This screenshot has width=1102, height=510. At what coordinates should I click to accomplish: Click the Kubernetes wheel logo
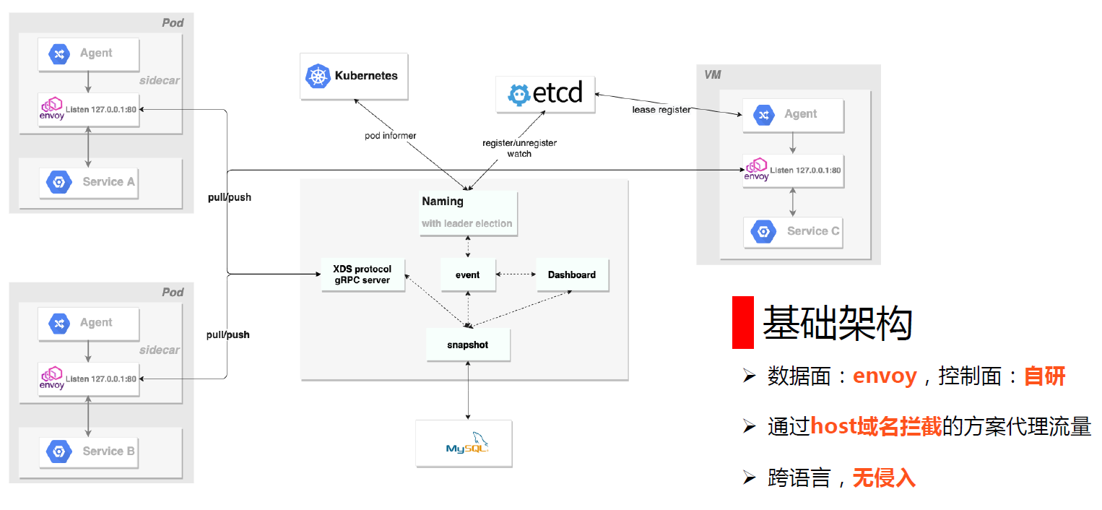[x=318, y=77]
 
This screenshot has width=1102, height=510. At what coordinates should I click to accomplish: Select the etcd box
[x=545, y=94]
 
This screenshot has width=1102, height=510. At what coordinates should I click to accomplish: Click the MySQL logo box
[x=464, y=443]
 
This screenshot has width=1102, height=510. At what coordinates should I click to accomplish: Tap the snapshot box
[x=468, y=345]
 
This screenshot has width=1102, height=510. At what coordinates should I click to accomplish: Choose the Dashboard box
[x=572, y=275]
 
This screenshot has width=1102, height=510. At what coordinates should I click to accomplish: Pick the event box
[x=467, y=275]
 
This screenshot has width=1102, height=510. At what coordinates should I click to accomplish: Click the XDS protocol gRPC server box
[x=363, y=275]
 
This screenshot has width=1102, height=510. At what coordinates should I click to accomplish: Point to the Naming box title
[x=443, y=202]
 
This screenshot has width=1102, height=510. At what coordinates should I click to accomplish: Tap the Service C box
[x=793, y=232]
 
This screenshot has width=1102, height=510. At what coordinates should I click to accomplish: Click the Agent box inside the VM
[x=793, y=115]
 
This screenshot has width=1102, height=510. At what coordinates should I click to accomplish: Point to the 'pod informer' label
[x=390, y=135]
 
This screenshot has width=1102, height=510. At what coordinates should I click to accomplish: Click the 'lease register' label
[x=661, y=110]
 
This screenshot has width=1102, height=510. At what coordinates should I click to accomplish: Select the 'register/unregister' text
[x=519, y=143]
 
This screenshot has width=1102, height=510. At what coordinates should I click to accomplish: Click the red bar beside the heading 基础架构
[x=743, y=322]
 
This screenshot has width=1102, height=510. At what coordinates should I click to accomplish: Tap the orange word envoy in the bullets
[x=885, y=376]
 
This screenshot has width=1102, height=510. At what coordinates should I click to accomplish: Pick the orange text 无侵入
[x=884, y=477]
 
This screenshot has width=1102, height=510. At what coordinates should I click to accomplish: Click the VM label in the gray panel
[x=712, y=75]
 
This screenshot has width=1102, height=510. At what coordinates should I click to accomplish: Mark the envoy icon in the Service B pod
[x=52, y=378]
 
